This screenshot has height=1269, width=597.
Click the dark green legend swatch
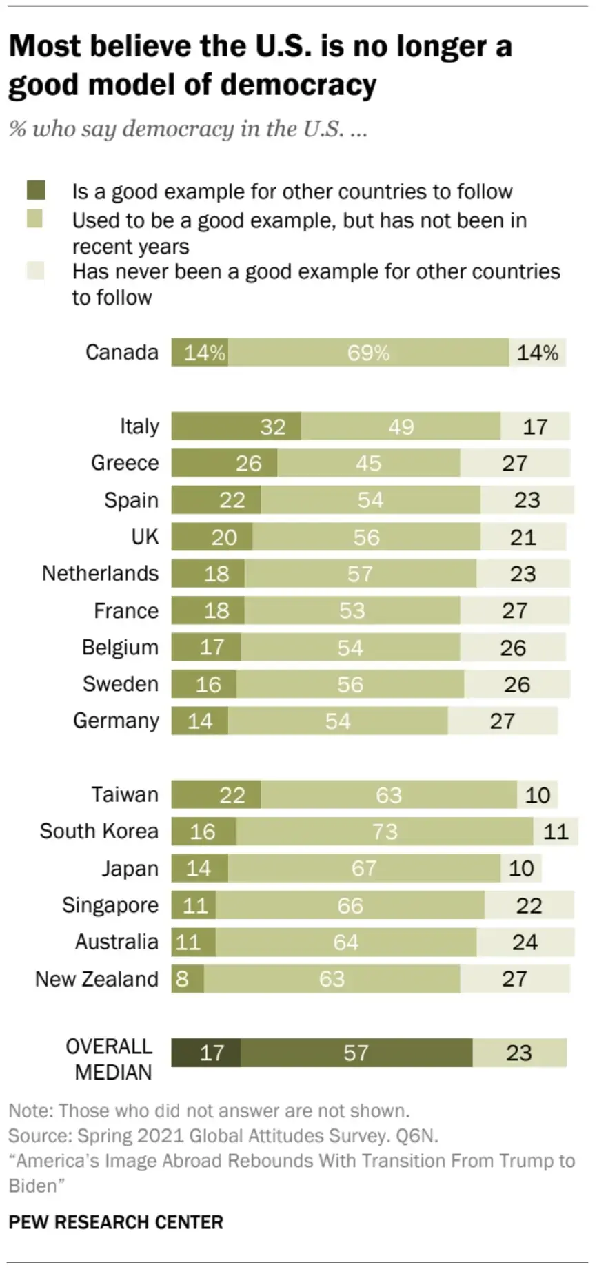35,190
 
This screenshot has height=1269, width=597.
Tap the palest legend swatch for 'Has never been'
35,271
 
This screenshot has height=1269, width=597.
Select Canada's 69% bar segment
368,353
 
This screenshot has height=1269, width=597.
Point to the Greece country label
125,463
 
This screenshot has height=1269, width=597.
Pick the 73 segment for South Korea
384,832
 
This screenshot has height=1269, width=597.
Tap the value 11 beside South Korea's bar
556,832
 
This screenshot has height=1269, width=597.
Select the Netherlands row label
101,573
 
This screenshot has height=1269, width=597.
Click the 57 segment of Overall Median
356,1053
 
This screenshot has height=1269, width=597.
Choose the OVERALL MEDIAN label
110,1059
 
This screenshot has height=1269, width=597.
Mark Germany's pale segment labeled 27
503,721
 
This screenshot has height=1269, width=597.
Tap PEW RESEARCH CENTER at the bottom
116,1222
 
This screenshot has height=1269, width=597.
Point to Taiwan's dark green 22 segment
216,795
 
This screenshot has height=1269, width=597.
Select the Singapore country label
110,905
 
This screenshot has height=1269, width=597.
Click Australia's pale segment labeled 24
525,942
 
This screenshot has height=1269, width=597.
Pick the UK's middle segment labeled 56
366,537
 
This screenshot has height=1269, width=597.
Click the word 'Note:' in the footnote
30,1111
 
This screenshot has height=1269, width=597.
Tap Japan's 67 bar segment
364,868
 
